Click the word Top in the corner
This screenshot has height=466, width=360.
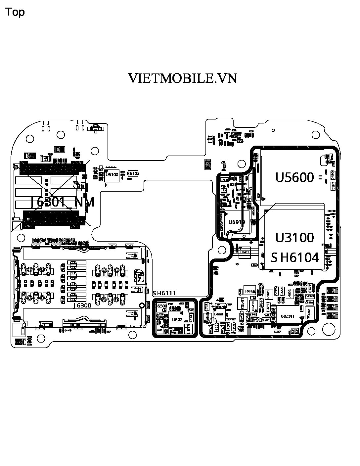(15, 12)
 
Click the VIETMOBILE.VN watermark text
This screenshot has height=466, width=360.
(182, 78)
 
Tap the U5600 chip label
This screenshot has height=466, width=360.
(295, 177)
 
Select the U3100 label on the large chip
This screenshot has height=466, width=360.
(295, 237)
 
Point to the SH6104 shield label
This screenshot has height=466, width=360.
(295, 257)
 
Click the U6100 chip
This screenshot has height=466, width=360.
(112, 175)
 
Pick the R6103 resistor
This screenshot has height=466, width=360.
(133, 173)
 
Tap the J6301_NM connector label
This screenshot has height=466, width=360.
(63, 202)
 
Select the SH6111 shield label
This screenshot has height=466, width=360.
(164, 293)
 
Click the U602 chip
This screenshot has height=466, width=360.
(177, 319)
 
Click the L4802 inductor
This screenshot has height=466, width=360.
(289, 293)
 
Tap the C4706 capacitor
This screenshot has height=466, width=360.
(310, 296)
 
